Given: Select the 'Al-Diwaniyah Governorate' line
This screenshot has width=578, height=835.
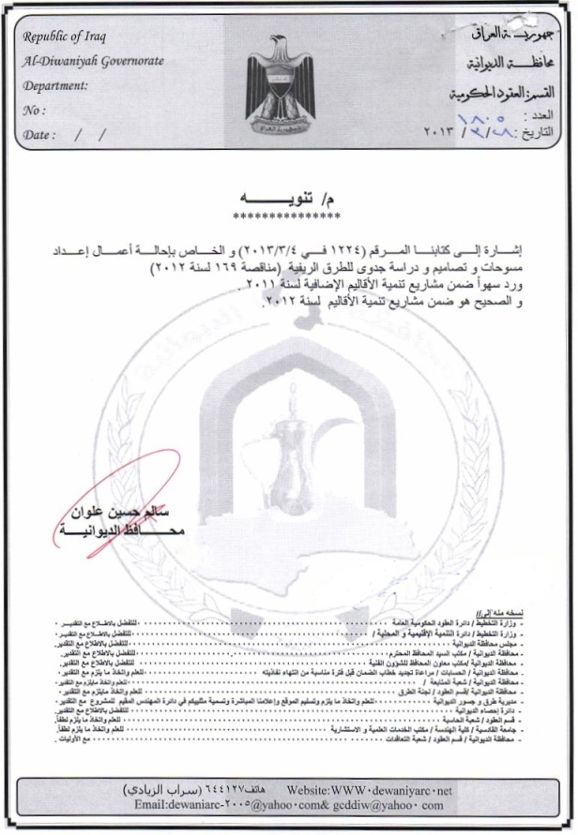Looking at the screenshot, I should pyautogui.click(x=93, y=61).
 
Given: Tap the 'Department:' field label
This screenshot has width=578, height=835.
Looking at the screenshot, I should pyautogui.click(x=55, y=84).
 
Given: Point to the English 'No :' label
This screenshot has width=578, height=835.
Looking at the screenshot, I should pyautogui.click(x=34, y=110).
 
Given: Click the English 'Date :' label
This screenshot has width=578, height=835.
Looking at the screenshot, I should pyautogui.click(x=40, y=134).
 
